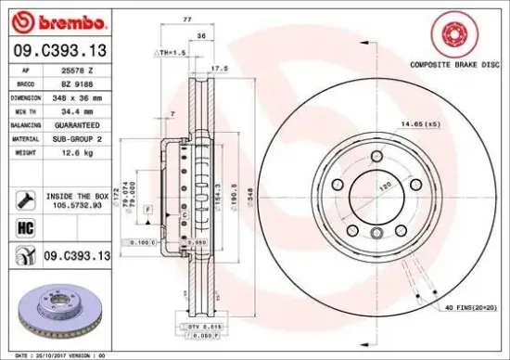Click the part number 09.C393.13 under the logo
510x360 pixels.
[x=58, y=49]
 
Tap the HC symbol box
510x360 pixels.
[x=25, y=226]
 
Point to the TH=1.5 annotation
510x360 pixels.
[x=173, y=55]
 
